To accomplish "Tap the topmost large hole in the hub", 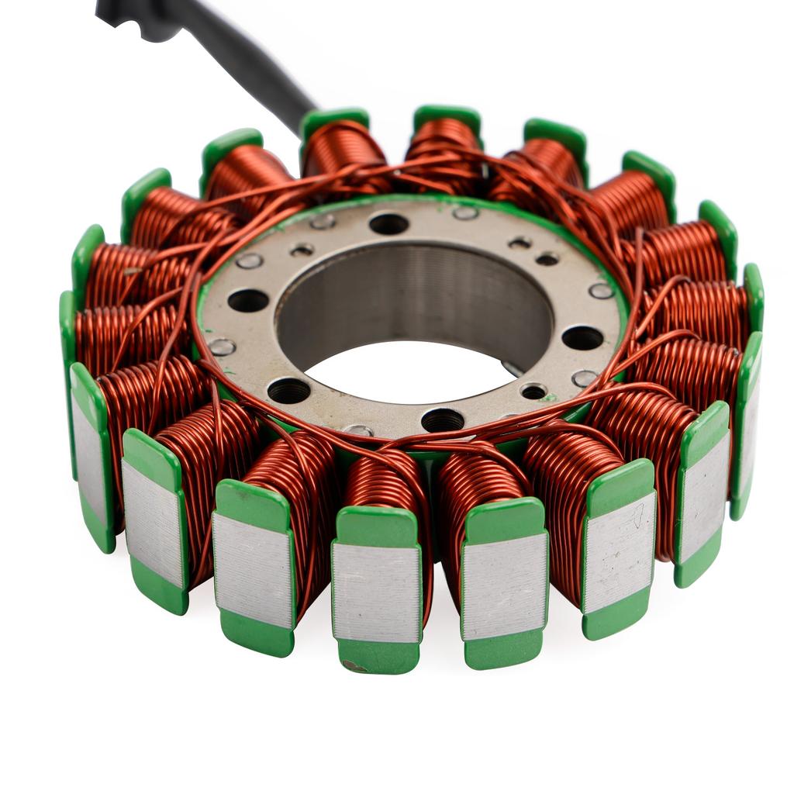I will point(388,224).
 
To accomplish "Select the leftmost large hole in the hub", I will point(248,300).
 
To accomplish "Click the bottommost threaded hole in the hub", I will point(443,420).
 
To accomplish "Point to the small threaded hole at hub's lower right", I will point(533,392).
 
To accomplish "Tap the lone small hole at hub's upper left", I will point(302,250).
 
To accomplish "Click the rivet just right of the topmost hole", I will point(465,212).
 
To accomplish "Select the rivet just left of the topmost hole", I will point(323,221).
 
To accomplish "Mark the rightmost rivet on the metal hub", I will point(601,291).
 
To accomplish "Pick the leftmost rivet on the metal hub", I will point(222,347).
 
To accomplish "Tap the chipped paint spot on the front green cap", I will point(353,665).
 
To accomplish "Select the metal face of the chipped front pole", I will point(376,591).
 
